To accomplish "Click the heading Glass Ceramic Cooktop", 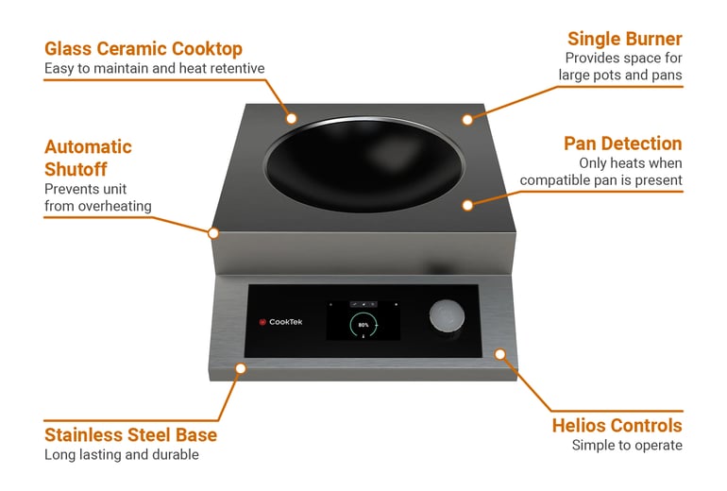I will [x=144, y=48].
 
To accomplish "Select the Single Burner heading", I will [x=624, y=39].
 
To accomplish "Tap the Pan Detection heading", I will [x=622, y=144].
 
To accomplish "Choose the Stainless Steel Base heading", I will [x=130, y=435].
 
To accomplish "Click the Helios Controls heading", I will [x=617, y=426].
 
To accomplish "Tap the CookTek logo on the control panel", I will [x=279, y=322].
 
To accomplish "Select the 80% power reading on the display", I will [x=363, y=324].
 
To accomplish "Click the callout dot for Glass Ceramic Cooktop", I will [x=292, y=118].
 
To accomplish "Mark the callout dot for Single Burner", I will [x=465, y=119].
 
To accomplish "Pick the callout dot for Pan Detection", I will [x=466, y=203].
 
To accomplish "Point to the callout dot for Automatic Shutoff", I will [x=213, y=232].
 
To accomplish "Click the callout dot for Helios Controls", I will [x=501, y=353].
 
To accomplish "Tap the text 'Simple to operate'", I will [x=627, y=446].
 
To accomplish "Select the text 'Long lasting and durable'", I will [x=123, y=455].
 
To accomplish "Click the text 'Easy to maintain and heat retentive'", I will [x=155, y=68].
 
